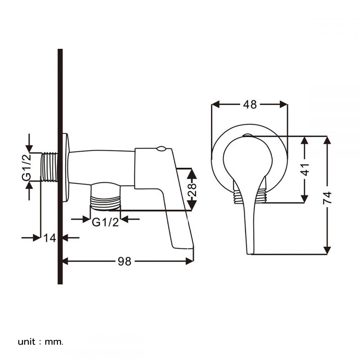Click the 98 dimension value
pos(125,261)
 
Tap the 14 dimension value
pos(50,238)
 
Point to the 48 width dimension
pos(250,104)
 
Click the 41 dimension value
pos(305,169)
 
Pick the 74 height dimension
pos(327,198)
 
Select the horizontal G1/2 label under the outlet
pos(105,222)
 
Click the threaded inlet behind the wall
pos(49,167)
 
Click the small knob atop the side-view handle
pos(161,148)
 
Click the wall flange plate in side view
pos(65,167)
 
